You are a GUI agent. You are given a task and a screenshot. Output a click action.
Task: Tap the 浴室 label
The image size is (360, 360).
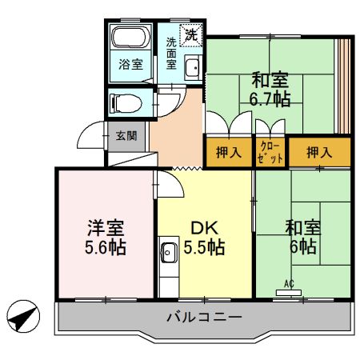point(132,64)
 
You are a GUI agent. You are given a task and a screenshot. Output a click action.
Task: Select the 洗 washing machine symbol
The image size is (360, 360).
point(191,34)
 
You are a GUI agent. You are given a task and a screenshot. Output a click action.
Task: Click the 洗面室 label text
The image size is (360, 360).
point(172,52)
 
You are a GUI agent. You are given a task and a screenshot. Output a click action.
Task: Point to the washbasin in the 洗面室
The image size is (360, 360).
point(193,68)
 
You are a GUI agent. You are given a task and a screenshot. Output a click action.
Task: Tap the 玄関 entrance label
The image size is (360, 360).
point(126,136)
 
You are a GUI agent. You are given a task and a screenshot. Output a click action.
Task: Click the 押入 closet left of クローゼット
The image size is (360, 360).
point(229,153)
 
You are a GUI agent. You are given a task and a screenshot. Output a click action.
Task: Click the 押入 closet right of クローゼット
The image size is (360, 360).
point(319,153)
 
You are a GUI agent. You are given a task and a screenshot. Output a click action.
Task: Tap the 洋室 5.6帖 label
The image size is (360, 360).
point(106,238)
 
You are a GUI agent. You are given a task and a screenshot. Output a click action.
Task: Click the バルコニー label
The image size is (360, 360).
point(204,318)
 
